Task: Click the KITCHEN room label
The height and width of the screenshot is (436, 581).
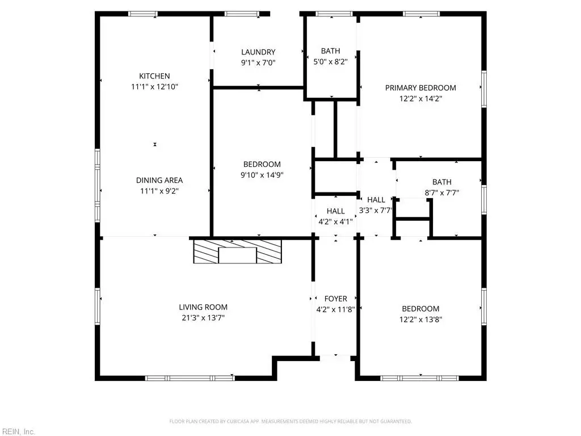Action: [x=154, y=76]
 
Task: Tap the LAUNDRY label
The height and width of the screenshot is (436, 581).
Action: [x=258, y=52]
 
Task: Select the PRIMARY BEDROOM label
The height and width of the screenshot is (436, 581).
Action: [x=420, y=88]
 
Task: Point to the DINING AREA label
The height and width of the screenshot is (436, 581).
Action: [x=159, y=180]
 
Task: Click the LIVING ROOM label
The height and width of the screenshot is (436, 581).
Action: [x=203, y=307]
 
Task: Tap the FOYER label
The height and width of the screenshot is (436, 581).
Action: [x=336, y=299]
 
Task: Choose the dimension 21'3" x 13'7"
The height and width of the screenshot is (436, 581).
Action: [x=203, y=318]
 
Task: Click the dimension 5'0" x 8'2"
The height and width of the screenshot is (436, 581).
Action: [x=331, y=61]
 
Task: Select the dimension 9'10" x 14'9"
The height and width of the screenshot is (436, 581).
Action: [x=262, y=175]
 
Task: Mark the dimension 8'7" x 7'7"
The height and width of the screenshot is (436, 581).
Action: [x=441, y=193]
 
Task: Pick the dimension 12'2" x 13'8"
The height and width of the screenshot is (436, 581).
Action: [x=420, y=320]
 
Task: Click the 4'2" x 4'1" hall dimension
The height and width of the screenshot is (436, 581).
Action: [x=336, y=222]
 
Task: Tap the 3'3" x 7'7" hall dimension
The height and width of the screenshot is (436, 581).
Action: [x=376, y=211]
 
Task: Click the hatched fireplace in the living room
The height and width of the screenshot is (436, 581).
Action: [x=238, y=251]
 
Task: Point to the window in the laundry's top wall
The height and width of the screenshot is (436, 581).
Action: [x=242, y=14]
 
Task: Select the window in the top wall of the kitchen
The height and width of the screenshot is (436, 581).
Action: [x=143, y=14]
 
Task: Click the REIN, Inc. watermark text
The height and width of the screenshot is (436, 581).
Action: [x=18, y=431]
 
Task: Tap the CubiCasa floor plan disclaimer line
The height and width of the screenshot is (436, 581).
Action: [x=290, y=421]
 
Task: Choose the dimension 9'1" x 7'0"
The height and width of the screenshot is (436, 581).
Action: [x=258, y=62]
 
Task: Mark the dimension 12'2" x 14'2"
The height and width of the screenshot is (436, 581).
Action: [x=420, y=99]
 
